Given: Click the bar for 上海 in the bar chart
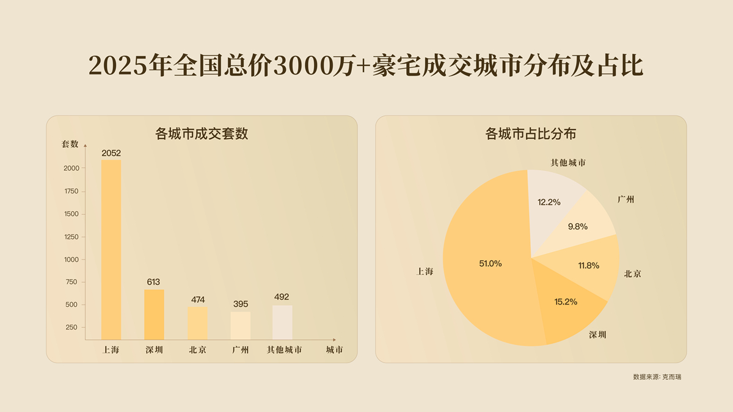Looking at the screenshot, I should click(111, 250).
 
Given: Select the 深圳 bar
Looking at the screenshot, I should click(154, 314).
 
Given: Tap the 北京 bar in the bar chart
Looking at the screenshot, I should click(197, 323).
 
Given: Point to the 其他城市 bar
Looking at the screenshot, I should click(282, 322).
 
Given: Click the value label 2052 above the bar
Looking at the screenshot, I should click(111, 153).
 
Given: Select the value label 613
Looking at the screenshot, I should click(153, 282).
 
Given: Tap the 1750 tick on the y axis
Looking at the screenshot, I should click(71, 191).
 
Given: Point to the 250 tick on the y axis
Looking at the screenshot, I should click(71, 327).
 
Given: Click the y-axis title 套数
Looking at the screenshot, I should click(70, 144).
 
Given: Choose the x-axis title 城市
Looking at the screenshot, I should click(334, 350).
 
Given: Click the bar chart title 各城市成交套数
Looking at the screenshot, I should click(202, 134).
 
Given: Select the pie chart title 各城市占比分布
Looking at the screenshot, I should click(530, 134).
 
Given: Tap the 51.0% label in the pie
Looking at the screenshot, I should click(490, 264).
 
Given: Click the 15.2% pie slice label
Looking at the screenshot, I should click(566, 302).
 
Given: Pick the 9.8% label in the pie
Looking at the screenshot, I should click(577, 226).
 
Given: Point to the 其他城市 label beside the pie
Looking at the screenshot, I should click(568, 163).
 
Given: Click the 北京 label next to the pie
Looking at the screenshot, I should click(633, 274).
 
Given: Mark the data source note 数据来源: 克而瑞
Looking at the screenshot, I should click(657, 377).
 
